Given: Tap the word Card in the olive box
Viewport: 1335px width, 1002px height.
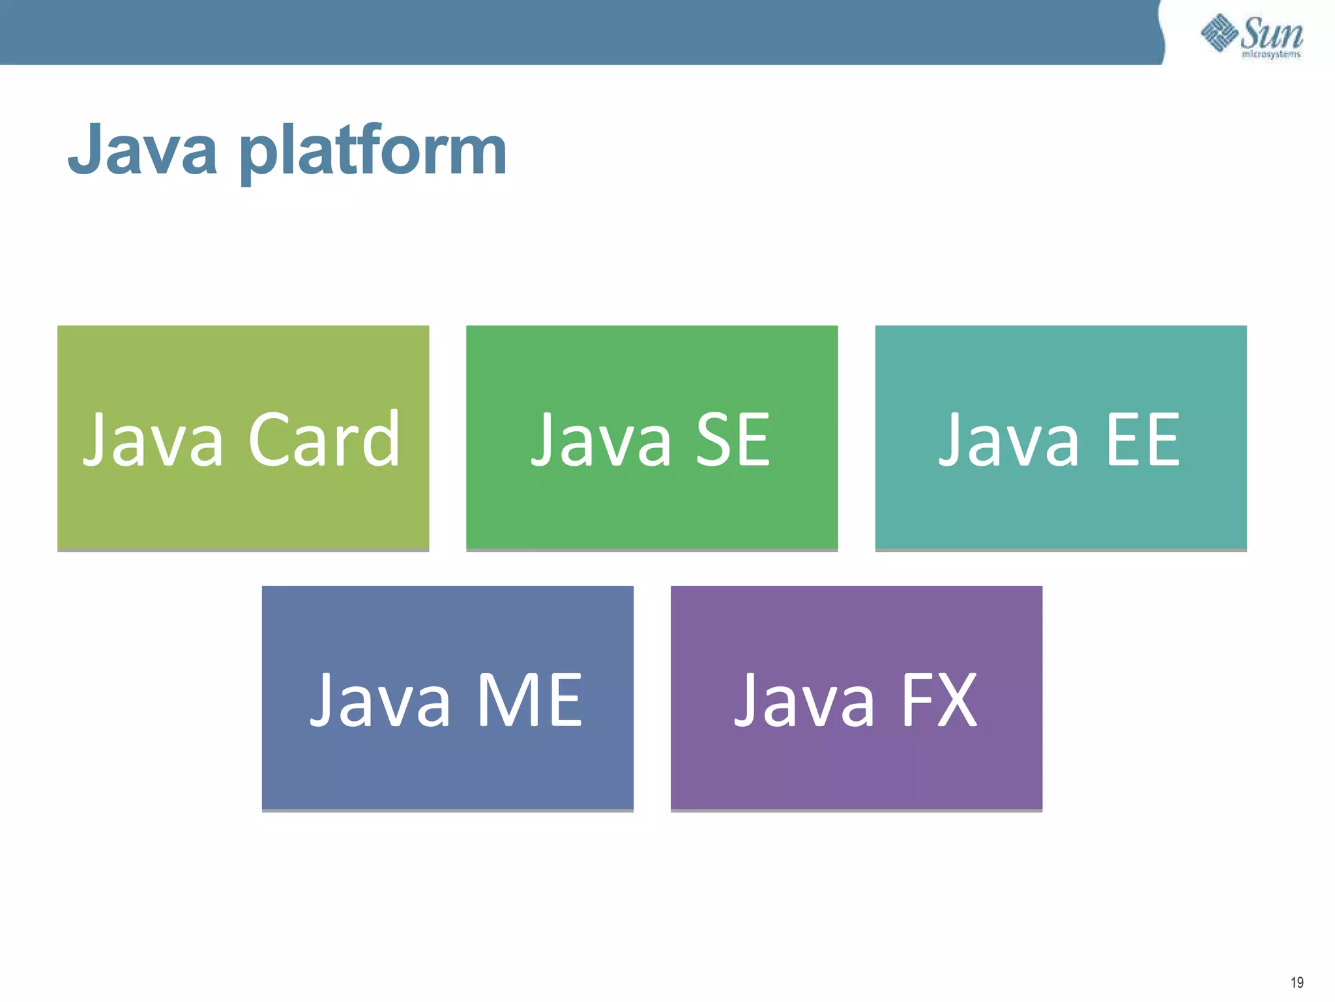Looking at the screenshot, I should [x=324, y=440].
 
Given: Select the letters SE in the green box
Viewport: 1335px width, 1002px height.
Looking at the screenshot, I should [x=733, y=441].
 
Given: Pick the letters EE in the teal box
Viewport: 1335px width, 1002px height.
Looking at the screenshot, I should [x=1143, y=441].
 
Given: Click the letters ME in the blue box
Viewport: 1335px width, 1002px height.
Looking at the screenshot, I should [x=529, y=701].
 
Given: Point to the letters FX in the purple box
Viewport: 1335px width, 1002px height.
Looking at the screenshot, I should [x=939, y=701].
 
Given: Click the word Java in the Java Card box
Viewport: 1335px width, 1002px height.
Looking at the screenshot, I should [x=153, y=440].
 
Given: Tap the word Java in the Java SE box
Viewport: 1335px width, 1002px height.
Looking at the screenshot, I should [x=601, y=441].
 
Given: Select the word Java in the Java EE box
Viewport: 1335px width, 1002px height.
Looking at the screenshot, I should [x=1009, y=441].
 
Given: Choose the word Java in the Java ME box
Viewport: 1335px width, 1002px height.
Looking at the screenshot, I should [x=380, y=701].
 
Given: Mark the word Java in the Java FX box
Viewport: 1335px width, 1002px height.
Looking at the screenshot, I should [x=804, y=701].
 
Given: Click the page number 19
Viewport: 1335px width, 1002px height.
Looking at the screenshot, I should [x=1297, y=982].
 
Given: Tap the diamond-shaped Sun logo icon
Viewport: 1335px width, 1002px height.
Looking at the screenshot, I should [x=1219, y=33].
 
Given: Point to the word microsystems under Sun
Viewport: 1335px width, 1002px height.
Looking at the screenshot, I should [x=1271, y=54].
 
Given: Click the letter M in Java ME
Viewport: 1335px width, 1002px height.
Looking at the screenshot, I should [x=504, y=701].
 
